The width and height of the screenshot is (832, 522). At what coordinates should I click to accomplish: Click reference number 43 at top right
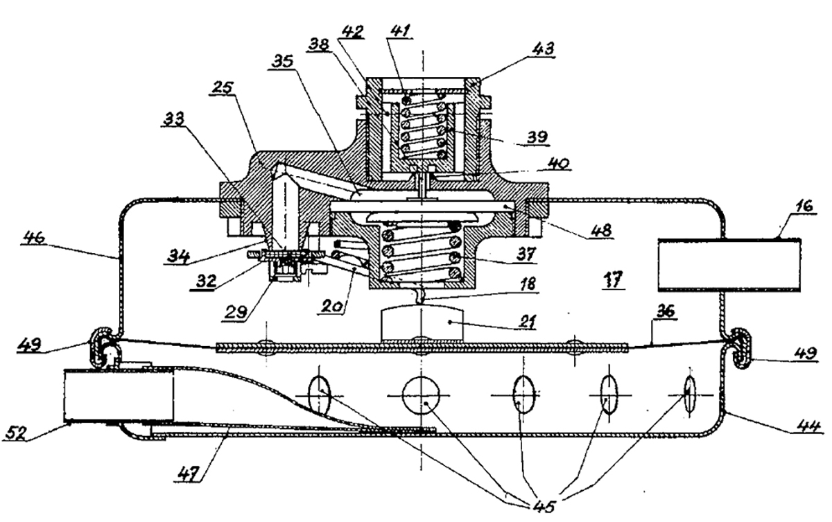543,49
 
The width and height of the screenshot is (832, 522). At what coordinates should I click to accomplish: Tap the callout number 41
401,31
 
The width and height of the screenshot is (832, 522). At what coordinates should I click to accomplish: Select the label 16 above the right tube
804,206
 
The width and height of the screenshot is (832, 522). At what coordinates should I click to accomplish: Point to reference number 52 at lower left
16,433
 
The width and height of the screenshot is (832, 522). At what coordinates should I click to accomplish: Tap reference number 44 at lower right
809,427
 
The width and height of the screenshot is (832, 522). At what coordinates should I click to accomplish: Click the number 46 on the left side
35,237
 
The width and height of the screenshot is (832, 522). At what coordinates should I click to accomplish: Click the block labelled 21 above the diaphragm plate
422,322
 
